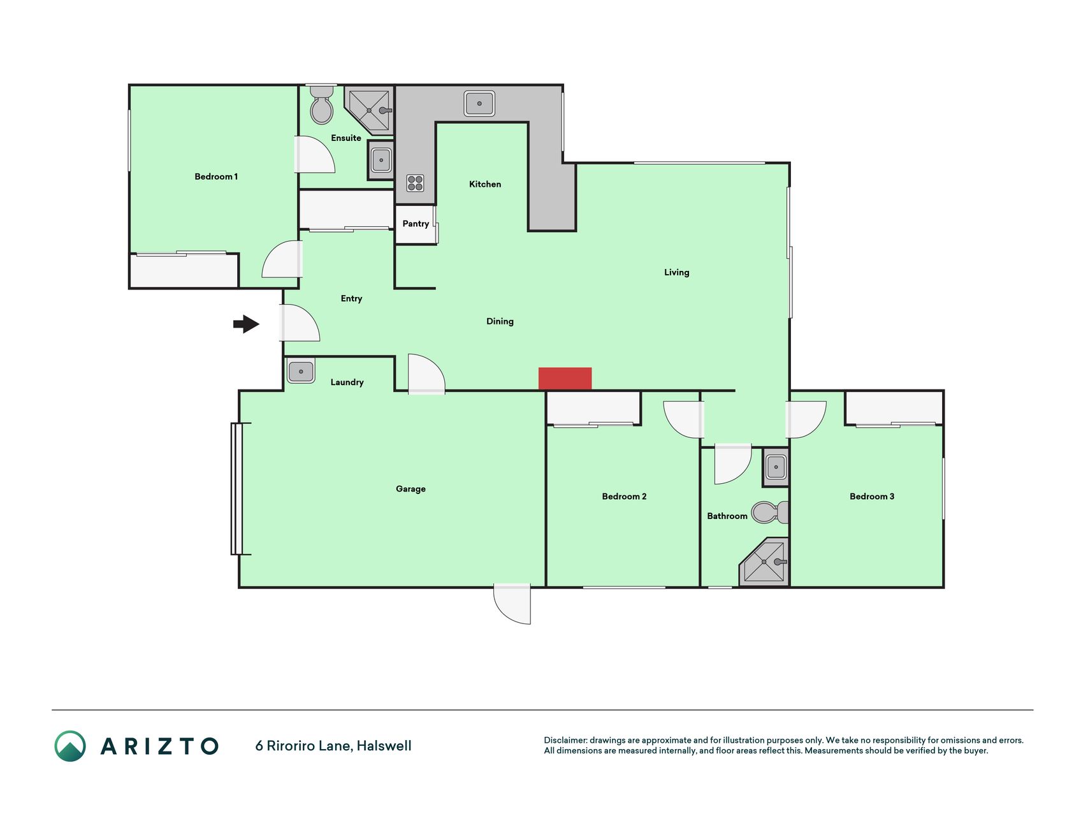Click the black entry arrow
[x=246, y=324]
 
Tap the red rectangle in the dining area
[x=565, y=379]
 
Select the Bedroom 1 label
[x=216, y=177]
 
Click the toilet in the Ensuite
[x=322, y=106]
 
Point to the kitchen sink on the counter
[x=479, y=103]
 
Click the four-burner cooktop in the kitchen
[x=415, y=183]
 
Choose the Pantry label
[x=416, y=224]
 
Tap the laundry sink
[x=301, y=371]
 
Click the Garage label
[x=410, y=489]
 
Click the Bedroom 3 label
[x=872, y=497]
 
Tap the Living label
[x=677, y=272]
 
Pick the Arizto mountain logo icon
[x=70, y=746]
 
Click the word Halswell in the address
[x=384, y=746]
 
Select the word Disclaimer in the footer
[x=565, y=740]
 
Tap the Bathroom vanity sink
[x=776, y=467]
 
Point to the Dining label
[x=500, y=321]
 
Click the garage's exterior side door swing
[x=512, y=604]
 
